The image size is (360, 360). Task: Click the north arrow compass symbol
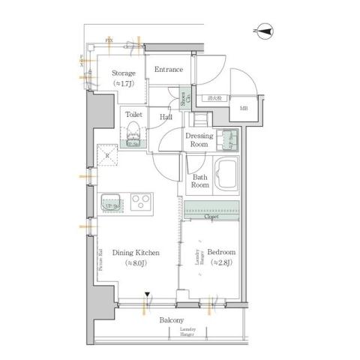click(x=264, y=31)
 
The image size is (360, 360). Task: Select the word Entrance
click(x=169, y=70)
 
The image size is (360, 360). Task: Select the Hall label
click(x=166, y=117)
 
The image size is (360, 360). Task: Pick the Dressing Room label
click(x=199, y=140)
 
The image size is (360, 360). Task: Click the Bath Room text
click(x=199, y=181)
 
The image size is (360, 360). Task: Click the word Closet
click(x=211, y=217)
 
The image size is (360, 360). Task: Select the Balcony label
click(x=172, y=320)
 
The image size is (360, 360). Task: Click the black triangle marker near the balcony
click(x=148, y=294)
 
